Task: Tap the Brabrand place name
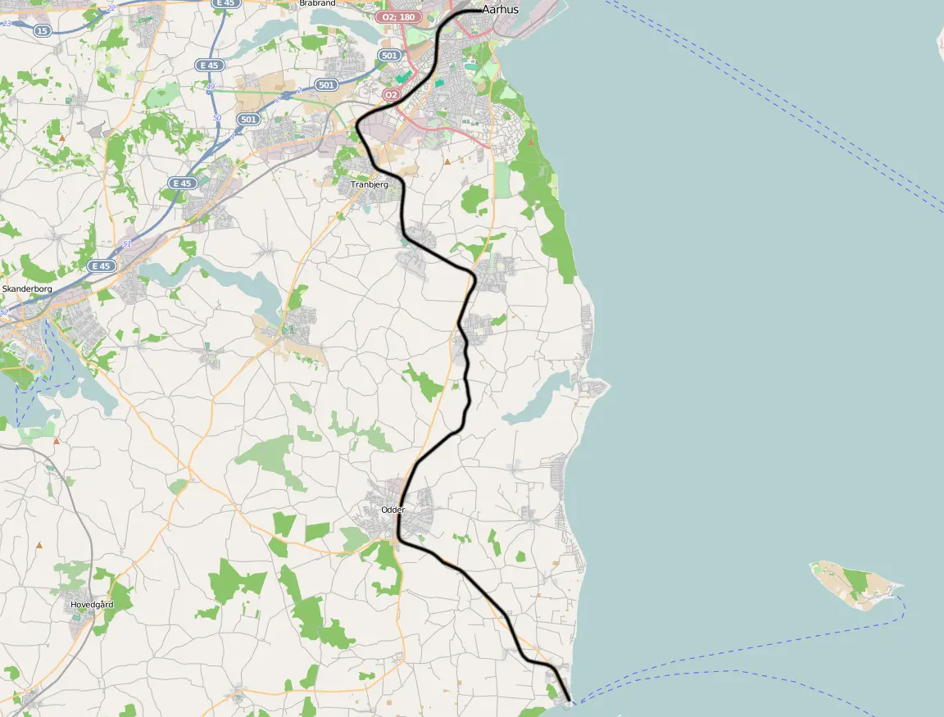(x=318, y=3)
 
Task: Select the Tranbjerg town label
(x=370, y=184)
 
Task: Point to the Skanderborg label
(x=27, y=289)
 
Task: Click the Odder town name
(x=393, y=510)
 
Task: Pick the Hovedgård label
(x=92, y=604)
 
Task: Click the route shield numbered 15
(x=43, y=30)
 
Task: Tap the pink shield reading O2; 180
(x=398, y=16)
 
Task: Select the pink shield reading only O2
(x=391, y=95)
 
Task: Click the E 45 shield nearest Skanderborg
(x=101, y=266)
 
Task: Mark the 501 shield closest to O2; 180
(x=389, y=56)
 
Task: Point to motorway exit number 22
(x=111, y=7)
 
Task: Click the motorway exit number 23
(x=7, y=23)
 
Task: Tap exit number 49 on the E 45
(x=211, y=87)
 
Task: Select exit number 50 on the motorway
(x=217, y=118)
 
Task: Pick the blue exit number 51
(x=126, y=244)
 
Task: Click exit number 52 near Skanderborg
(x=5, y=312)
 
